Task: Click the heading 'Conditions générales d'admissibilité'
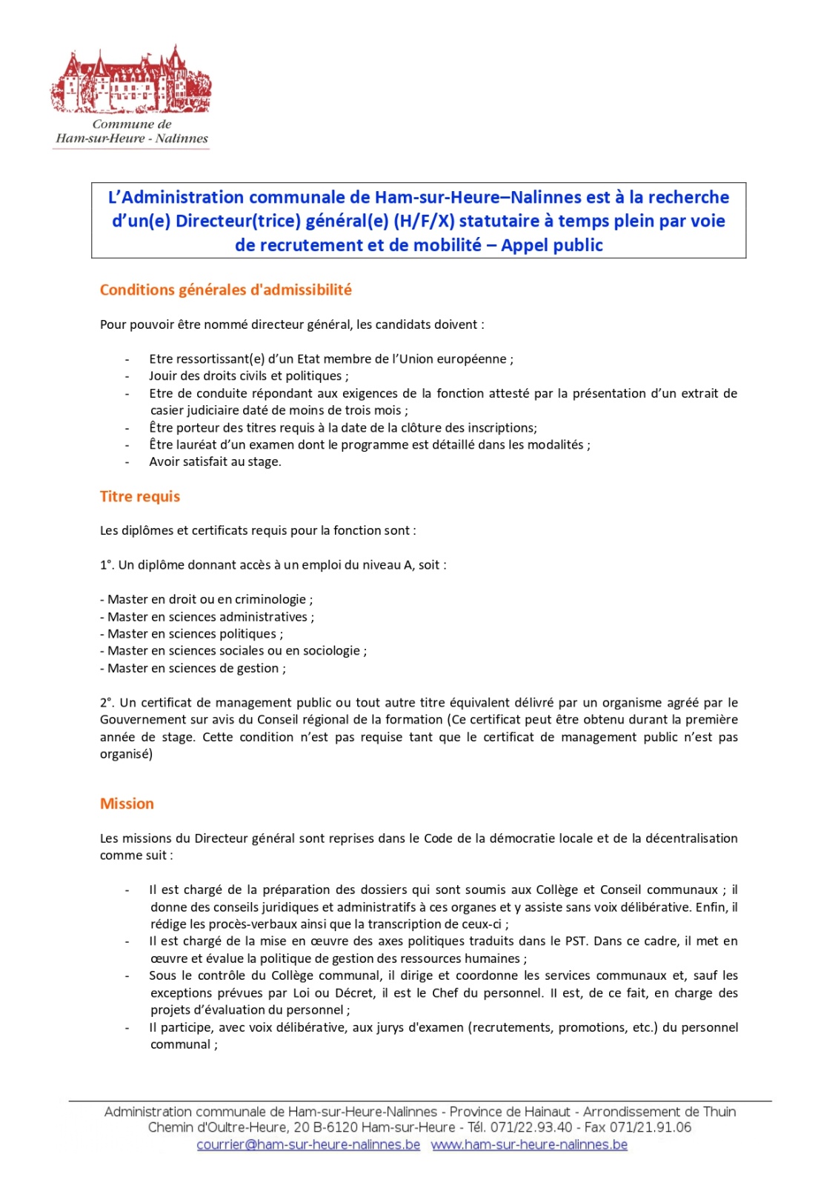225,290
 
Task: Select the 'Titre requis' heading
140,496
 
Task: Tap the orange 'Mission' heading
127,804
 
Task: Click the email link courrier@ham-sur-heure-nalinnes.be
308,1144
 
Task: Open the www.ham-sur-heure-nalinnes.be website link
529,1144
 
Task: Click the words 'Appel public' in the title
552,245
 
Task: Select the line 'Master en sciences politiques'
191,634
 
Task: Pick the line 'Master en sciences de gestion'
193,668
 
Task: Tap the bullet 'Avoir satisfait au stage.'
215,461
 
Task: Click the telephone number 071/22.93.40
531,1127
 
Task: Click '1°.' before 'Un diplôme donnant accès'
107,565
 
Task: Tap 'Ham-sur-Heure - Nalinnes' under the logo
132,138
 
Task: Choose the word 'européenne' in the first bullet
475,359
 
